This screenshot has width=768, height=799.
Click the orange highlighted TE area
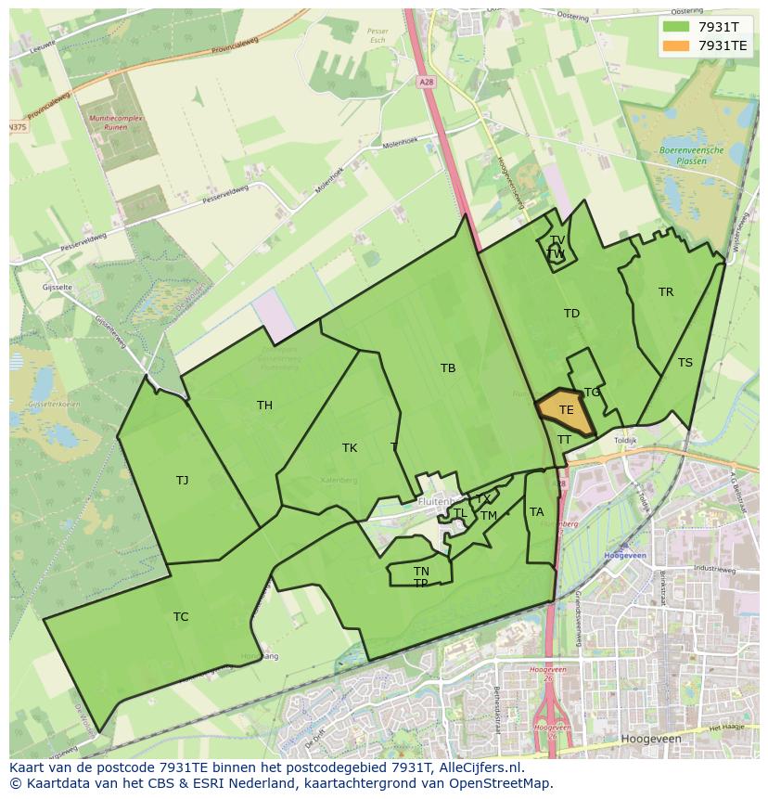(565, 410)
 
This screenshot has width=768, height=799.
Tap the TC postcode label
(181, 617)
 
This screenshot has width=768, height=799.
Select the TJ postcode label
(182, 480)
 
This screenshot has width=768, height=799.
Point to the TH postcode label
(264, 406)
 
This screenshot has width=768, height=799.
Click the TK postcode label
(350, 448)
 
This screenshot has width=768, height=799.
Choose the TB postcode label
(448, 368)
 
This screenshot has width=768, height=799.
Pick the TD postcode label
(571, 314)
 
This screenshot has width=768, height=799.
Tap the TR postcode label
(666, 292)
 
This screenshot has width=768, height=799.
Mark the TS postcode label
(685, 363)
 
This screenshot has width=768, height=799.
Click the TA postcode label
(536, 512)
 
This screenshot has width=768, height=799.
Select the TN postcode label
(421, 572)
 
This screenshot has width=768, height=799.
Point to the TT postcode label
(564, 440)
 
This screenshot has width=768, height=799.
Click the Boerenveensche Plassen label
(683, 155)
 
